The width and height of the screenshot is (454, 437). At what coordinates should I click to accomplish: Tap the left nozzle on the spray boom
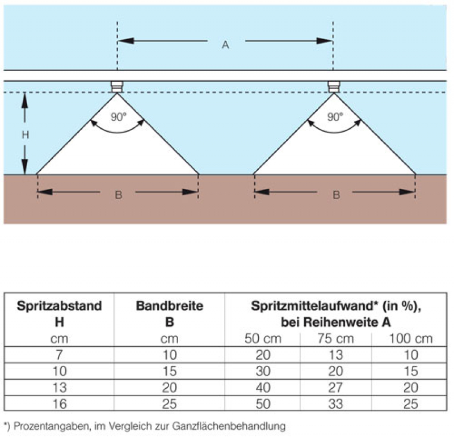117,86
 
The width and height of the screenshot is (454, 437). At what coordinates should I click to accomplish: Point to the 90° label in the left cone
117,117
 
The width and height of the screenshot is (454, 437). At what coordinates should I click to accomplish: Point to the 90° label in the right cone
335,117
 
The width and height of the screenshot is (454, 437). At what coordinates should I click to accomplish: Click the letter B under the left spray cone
118,195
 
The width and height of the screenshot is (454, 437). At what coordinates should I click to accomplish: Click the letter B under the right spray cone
336,195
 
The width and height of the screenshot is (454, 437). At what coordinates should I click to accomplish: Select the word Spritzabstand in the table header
60,306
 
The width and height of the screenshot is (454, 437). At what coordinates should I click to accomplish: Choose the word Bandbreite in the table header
169,306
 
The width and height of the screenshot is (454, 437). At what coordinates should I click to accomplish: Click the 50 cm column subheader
262,339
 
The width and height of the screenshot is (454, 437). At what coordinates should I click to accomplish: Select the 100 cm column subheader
410,339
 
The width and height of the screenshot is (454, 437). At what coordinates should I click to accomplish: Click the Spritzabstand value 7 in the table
60,356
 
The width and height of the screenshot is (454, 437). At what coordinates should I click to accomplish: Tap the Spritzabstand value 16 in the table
60,405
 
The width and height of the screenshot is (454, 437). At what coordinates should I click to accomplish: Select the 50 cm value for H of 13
262,388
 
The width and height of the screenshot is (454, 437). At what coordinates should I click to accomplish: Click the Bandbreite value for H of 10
169,372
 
